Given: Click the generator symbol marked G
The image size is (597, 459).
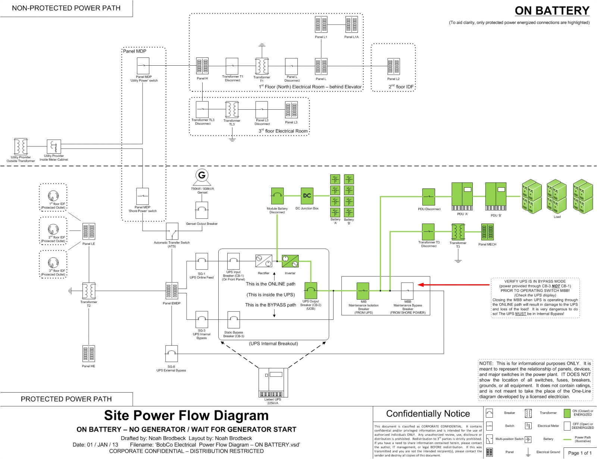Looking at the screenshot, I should pyautogui.click(x=202, y=175).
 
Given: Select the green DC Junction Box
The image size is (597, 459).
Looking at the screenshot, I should pyautogui.click(x=307, y=196).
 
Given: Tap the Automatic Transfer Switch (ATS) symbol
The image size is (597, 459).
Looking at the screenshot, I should pyautogui.click(x=172, y=231).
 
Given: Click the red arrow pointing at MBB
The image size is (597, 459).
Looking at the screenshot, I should pyautogui.click(x=453, y=285).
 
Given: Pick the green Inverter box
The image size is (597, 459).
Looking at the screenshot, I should pyautogui.click(x=290, y=261).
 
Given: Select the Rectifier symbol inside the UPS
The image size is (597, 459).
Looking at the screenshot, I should pyautogui.click(x=263, y=261).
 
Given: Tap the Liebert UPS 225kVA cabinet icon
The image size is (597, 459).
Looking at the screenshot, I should pyautogui.click(x=273, y=382).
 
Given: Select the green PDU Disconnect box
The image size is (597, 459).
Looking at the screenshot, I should pyautogui.click(x=428, y=197).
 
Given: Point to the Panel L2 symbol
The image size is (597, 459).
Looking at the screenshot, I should pyautogui.click(x=393, y=67).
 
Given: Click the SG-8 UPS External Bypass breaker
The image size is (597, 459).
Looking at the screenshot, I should pyautogui.click(x=171, y=353).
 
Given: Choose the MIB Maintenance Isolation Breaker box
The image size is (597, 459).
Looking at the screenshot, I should pyautogui.click(x=363, y=291).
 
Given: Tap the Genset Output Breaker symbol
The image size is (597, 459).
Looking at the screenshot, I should pyautogui.click(x=201, y=210).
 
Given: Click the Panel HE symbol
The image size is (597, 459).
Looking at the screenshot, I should pyautogui.click(x=88, y=354).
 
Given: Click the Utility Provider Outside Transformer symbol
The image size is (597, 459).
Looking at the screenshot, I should pyautogui.click(x=21, y=146).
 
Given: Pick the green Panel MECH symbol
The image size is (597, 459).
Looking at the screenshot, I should pyautogui.click(x=487, y=232).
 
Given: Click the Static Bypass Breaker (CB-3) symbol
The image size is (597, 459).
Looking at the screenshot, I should pyautogui.click(x=234, y=320).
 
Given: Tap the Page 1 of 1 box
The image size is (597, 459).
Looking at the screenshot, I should pyautogui.click(x=579, y=453).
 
